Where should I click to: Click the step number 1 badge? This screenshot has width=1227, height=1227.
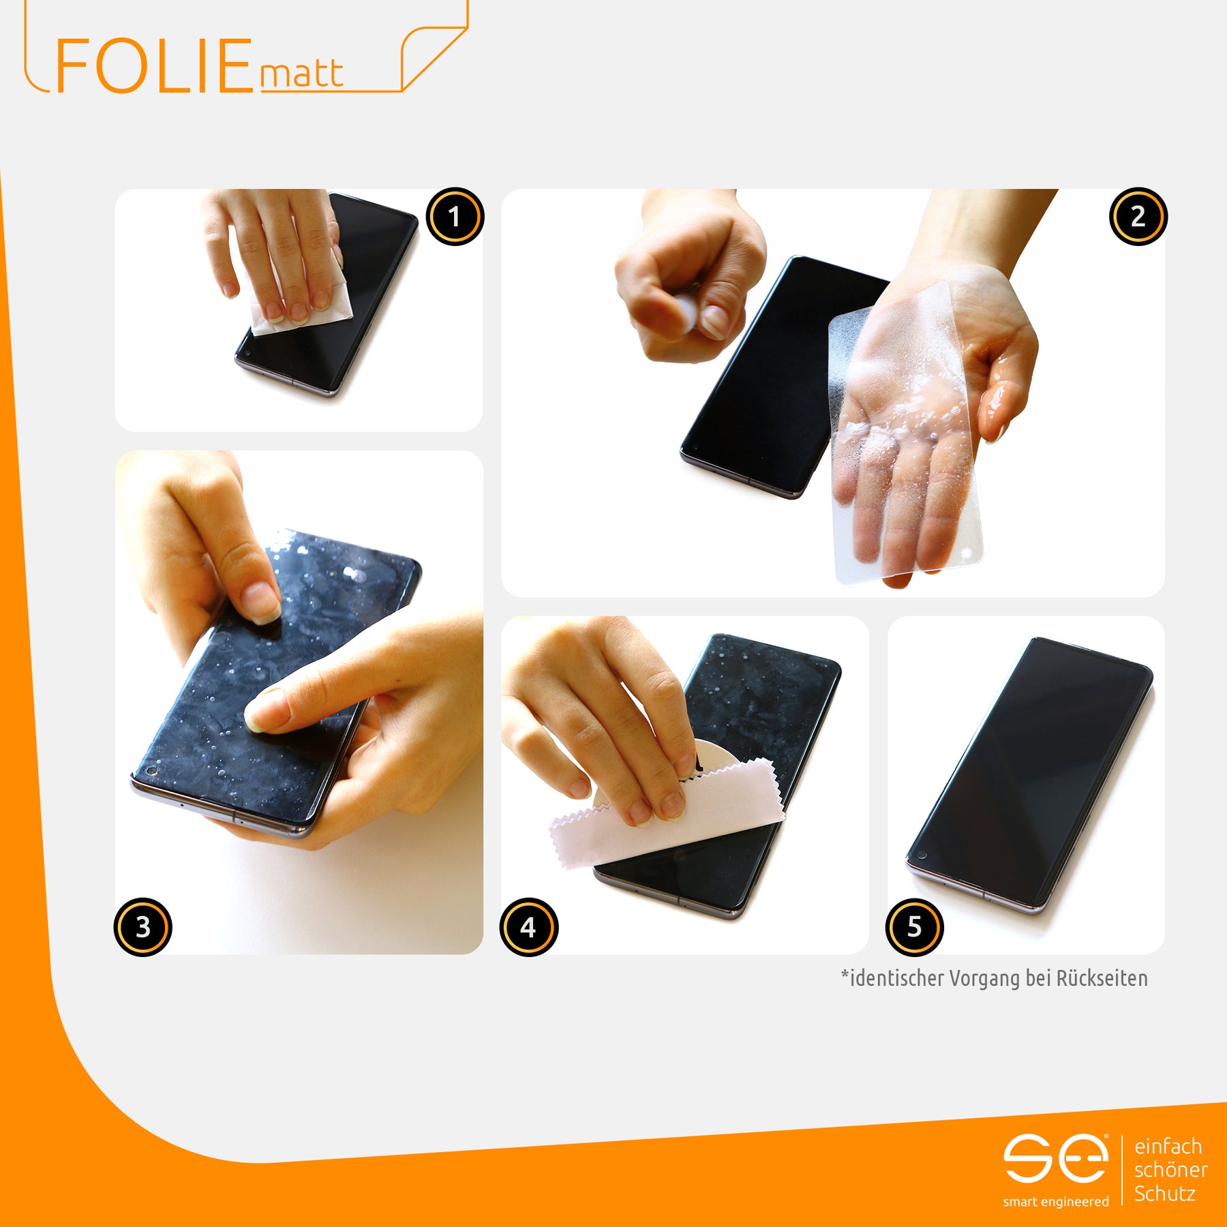[x=455, y=217]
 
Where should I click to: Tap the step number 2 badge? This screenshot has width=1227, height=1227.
[x=1138, y=217]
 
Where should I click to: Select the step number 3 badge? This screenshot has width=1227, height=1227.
[x=142, y=927]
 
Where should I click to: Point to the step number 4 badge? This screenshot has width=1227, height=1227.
[x=529, y=927]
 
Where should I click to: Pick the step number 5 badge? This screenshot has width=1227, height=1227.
[x=915, y=927]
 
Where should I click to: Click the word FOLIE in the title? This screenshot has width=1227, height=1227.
[x=154, y=66]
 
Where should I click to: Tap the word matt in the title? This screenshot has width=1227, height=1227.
[x=301, y=74]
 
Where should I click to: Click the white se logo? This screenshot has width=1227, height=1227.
[x=1055, y=1158]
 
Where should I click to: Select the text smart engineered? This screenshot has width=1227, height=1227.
[x=1055, y=1202]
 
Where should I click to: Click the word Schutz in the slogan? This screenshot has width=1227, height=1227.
[x=1165, y=1194]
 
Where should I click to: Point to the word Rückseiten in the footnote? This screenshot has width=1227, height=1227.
[x=1102, y=978]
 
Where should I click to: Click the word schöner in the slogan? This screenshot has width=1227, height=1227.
[x=1171, y=1170]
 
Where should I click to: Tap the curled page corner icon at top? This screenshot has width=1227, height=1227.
[x=434, y=57]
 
